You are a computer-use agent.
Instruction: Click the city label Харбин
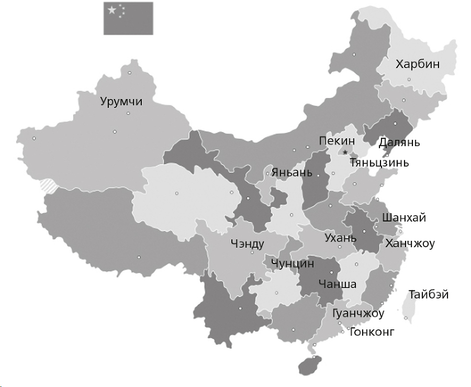[417, 64]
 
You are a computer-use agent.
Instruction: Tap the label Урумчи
[121, 102]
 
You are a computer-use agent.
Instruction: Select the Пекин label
[337, 141]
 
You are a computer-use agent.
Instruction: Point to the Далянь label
[399, 142]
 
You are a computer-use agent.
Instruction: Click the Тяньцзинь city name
[379, 163]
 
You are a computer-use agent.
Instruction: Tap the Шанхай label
[403, 218]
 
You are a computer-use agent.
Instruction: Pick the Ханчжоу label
[410, 244]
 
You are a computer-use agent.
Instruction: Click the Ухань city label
[340, 238]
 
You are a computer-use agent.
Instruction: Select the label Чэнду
[247, 244]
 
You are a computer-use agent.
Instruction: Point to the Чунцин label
[293, 263]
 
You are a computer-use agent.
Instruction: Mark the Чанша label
[337, 284]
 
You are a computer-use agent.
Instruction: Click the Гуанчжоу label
[358, 314]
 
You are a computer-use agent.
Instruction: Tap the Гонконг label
[372, 331]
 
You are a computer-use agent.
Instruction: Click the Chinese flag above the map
[128, 18]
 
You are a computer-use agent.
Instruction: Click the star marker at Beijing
[345, 152]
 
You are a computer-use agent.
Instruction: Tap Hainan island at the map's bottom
[309, 365]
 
